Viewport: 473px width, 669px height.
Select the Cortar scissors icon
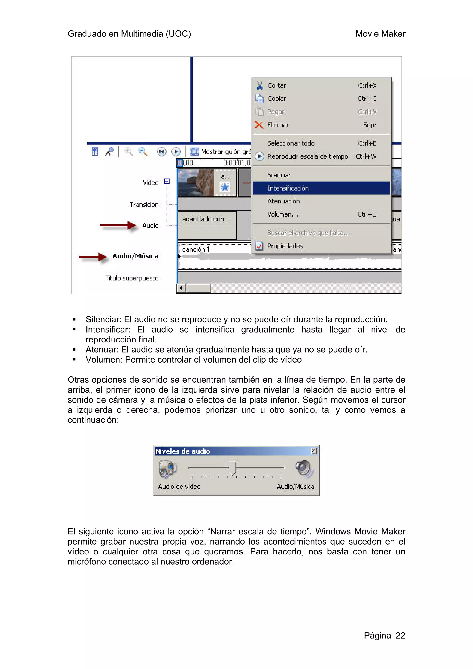point(259,85)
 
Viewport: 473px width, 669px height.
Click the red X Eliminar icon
point(259,125)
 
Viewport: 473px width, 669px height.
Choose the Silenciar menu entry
point(279,175)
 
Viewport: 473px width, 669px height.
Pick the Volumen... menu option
point(283,214)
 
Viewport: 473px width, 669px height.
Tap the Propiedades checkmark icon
point(259,246)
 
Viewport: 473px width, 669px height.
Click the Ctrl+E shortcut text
point(367,143)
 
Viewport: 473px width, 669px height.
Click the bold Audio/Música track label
point(135,256)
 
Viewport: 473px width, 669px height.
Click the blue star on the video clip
point(225,187)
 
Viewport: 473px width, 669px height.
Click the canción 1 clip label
point(196,249)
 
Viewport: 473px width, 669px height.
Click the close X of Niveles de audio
point(314,451)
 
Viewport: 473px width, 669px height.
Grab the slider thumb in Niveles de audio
point(232,468)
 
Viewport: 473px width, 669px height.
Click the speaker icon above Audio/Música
point(304,469)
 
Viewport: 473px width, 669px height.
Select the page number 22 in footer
point(400,635)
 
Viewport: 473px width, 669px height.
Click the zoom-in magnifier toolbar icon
point(128,151)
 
